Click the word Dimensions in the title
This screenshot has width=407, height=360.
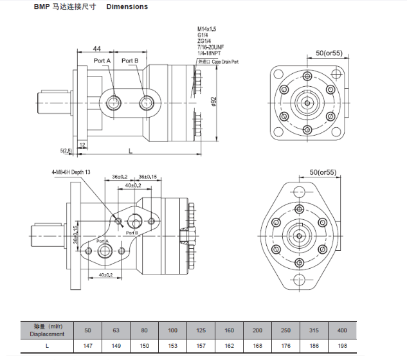(x=127, y=7)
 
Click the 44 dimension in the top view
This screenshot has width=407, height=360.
(x=97, y=49)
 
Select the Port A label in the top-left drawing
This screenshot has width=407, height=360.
(x=103, y=61)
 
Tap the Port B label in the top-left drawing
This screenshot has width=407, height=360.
(x=130, y=61)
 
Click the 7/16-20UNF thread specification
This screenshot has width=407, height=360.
(x=211, y=48)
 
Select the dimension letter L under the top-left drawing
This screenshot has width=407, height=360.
(x=131, y=150)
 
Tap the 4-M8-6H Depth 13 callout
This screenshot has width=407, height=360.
(x=71, y=172)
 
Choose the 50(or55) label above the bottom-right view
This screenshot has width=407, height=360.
(x=323, y=172)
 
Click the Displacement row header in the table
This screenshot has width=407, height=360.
(x=48, y=334)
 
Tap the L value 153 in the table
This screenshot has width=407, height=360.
(x=172, y=346)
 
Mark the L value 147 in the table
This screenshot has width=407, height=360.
(x=88, y=346)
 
